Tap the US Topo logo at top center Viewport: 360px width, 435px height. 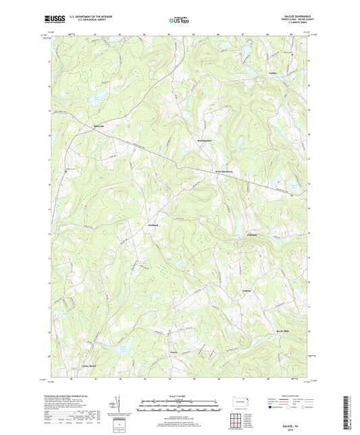(178, 21)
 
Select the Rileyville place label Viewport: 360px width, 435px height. (82, 126)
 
